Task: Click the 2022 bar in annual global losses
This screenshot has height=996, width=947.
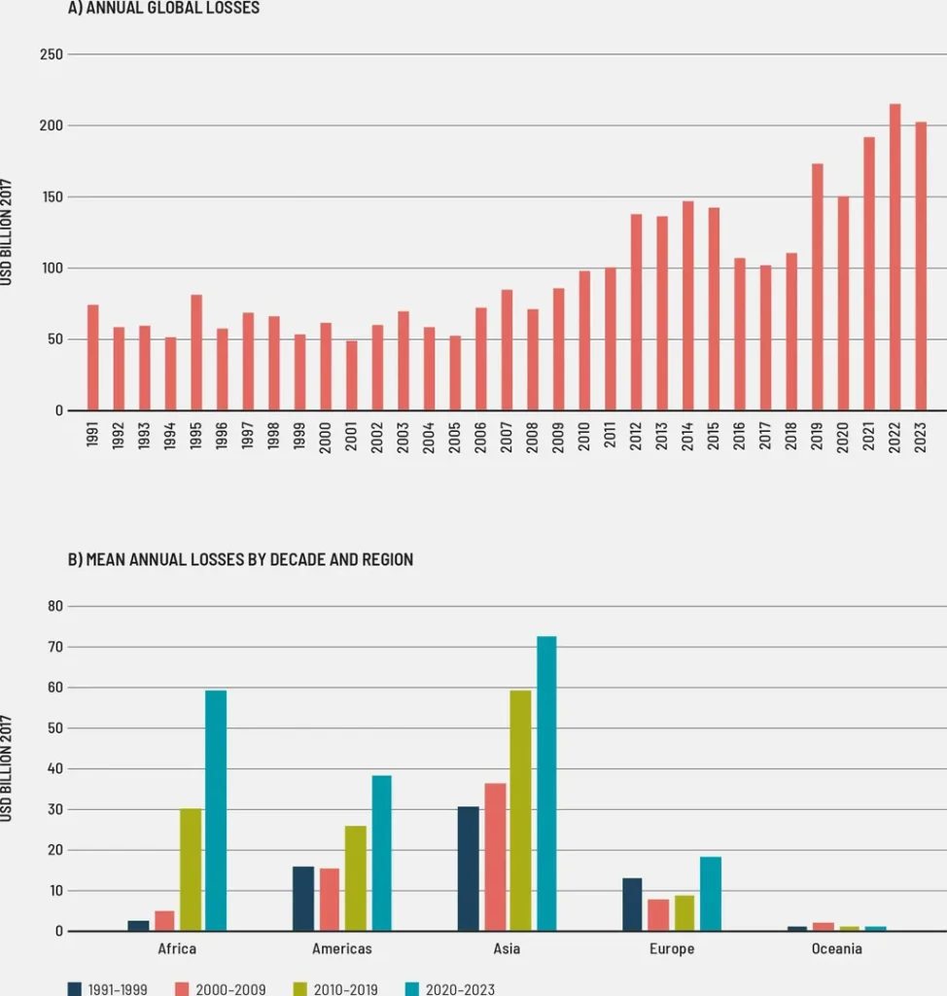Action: pyautogui.click(x=894, y=258)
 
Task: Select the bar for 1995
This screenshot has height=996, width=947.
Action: pyautogui.click(x=196, y=352)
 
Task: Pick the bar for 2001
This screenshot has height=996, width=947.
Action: pyautogui.click(x=351, y=375)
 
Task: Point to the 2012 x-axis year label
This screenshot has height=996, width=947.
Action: pyautogui.click(x=636, y=433)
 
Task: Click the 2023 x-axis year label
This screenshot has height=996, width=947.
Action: pyautogui.click(x=921, y=433)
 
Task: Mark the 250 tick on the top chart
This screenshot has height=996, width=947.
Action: pyautogui.click(x=52, y=54)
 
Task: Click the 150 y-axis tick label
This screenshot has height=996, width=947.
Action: pyautogui.click(x=52, y=197)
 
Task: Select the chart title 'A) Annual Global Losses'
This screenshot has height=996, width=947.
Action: pyautogui.click(x=163, y=8)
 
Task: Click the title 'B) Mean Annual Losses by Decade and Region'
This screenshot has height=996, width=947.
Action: pyautogui.click(x=240, y=559)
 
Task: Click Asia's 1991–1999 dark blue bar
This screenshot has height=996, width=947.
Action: pyautogui.click(x=468, y=869)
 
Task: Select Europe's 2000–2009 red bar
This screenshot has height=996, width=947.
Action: pyautogui.click(x=658, y=915)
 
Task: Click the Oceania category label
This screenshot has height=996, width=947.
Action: pyautogui.click(x=837, y=948)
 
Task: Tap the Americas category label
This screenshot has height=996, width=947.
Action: pyautogui.click(x=341, y=948)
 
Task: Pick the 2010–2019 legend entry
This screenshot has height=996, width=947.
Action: pyautogui.click(x=335, y=989)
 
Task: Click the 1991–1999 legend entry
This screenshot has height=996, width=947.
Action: pyautogui.click(x=107, y=989)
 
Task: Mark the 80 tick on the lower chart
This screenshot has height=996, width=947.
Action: pyautogui.click(x=54, y=606)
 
